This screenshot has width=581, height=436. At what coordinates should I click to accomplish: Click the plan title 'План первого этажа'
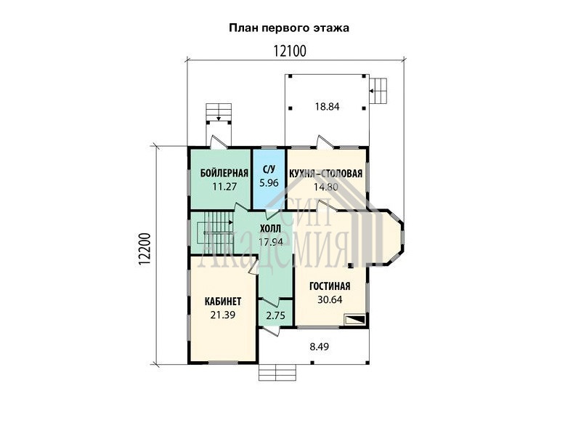[289, 28]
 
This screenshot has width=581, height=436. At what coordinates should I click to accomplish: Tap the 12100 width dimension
[290, 51]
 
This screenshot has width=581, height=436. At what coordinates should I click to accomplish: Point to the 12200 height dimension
[145, 249]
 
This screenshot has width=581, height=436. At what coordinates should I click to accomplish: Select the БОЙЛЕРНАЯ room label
[224, 173]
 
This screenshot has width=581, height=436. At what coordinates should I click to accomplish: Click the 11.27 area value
[224, 187]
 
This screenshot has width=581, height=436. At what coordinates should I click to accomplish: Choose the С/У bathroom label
[269, 170]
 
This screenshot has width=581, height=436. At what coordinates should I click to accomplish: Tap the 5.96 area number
[269, 183]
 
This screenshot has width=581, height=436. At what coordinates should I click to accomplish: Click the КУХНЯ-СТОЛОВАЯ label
[325, 174]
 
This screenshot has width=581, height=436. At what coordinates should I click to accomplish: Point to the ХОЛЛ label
[270, 229]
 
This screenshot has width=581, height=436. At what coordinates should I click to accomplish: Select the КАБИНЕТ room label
[223, 302]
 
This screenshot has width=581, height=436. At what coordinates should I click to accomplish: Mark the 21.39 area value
[223, 315]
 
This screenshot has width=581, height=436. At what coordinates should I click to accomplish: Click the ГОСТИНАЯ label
[330, 286]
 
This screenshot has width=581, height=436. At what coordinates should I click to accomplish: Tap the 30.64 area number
[330, 299]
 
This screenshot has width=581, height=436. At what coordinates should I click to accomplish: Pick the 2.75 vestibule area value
[276, 315]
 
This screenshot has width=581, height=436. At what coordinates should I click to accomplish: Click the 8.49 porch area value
[320, 347]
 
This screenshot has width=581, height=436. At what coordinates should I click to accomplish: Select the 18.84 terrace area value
[328, 107]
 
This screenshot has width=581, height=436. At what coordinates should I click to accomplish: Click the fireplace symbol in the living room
[355, 319]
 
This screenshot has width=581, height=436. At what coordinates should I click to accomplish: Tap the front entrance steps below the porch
[277, 372]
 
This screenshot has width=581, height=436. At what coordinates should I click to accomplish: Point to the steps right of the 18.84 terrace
[378, 90]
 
